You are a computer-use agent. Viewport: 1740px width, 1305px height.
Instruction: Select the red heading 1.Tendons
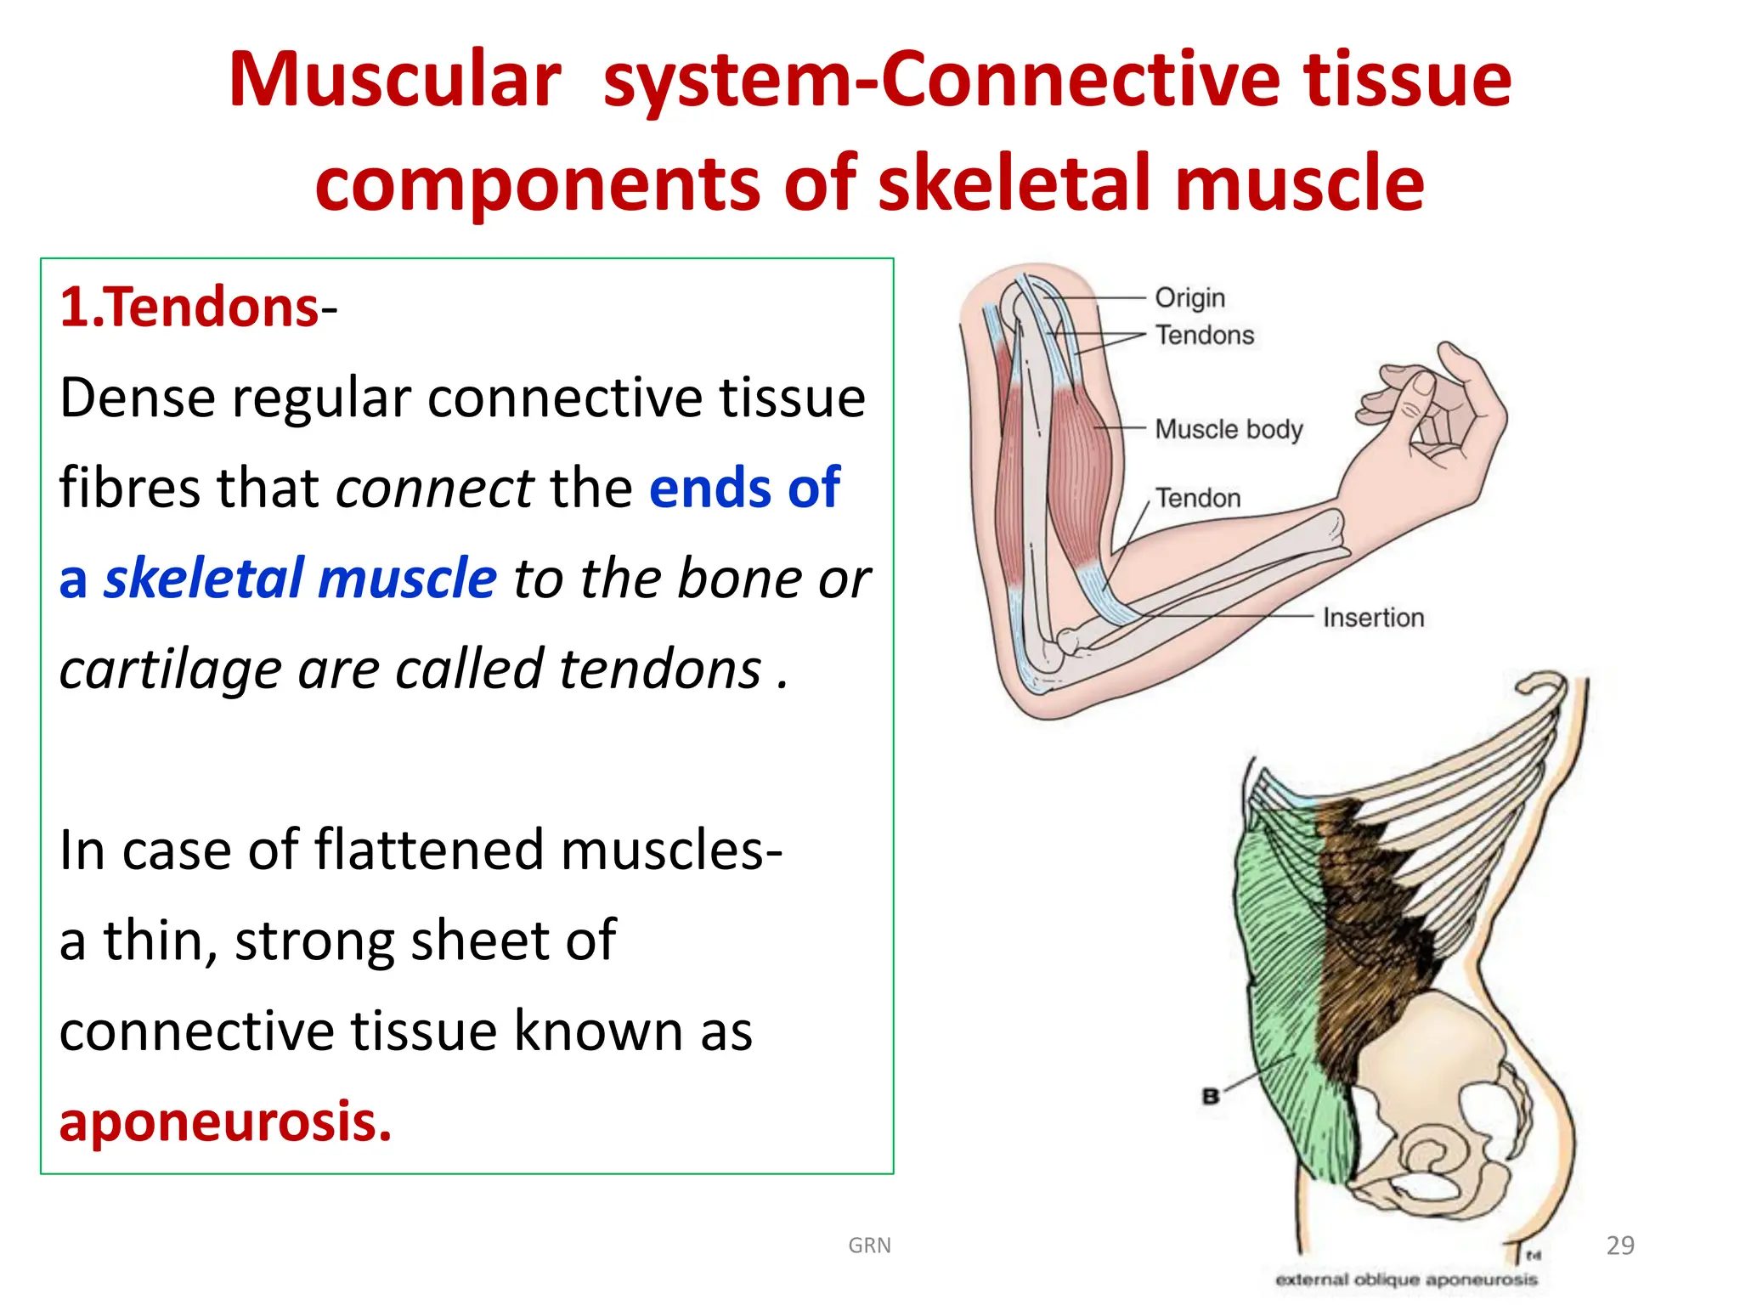(x=189, y=307)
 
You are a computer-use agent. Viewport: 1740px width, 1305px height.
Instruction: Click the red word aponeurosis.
(x=225, y=1121)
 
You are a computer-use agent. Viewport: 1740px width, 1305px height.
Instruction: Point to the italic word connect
(x=434, y=489)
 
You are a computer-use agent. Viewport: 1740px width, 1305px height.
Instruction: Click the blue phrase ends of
(x=744, y=489)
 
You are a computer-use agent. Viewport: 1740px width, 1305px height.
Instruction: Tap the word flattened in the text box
(x=429, y=850)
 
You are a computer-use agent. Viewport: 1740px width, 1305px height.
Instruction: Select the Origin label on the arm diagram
(x=1189, y=297)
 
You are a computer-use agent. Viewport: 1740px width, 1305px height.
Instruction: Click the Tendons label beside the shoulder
(x=1204, y=336)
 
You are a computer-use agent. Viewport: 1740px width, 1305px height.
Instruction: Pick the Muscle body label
(x=1228, y=429)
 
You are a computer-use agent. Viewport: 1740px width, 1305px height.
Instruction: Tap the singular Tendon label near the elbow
(x=1197, y=498)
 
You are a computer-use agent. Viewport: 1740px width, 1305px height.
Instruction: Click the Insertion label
(x=1372, y=618)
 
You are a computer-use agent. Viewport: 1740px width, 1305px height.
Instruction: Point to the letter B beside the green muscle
(x=1211, y=1096)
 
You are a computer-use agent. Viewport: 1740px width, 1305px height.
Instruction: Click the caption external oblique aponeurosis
(x=1405, y=1280)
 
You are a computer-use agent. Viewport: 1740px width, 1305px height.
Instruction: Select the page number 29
(x=1620, y=1246)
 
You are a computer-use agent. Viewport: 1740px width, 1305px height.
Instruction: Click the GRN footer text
(x=869, y=1246)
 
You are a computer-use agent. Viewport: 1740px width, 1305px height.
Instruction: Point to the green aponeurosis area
(x=1283, y=977)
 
